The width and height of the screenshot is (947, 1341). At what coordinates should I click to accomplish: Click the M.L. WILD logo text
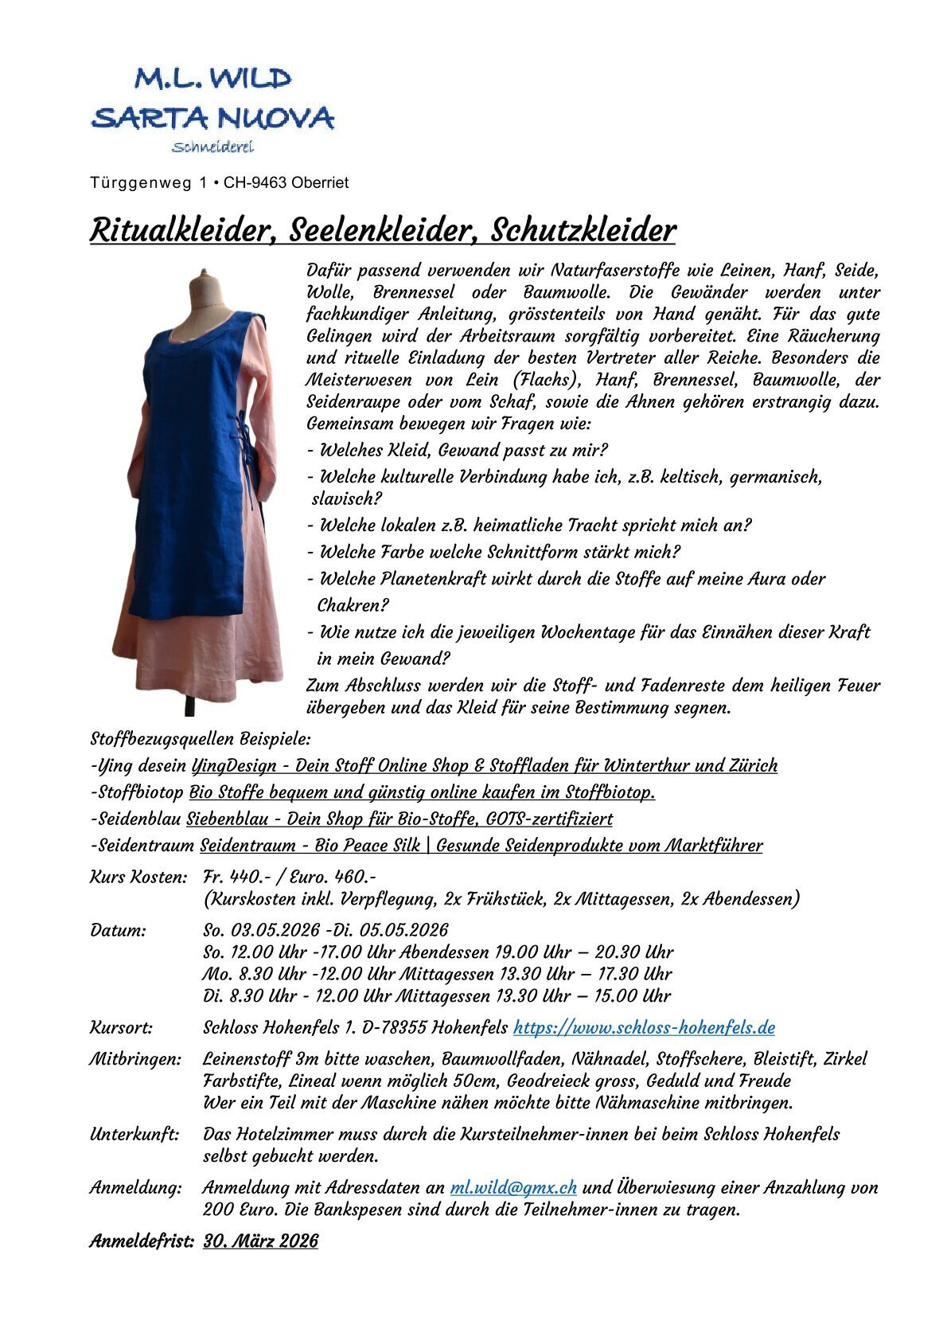212,78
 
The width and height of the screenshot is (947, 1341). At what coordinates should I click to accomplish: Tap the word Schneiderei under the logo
212,147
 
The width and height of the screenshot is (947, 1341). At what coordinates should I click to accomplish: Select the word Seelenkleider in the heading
383,231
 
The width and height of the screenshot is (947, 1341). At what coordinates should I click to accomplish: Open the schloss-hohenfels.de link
644,1028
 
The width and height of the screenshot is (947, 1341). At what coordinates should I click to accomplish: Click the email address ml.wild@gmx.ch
513,1188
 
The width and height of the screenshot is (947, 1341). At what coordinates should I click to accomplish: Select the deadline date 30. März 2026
260,1241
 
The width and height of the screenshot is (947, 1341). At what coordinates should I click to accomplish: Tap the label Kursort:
121,1028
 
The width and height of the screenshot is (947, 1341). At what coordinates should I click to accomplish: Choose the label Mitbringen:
135,1060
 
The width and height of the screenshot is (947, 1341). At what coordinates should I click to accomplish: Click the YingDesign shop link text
485,766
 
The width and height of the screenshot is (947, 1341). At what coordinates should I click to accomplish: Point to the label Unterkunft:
134,1134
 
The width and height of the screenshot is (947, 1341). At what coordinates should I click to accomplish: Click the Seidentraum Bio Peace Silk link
481,846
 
